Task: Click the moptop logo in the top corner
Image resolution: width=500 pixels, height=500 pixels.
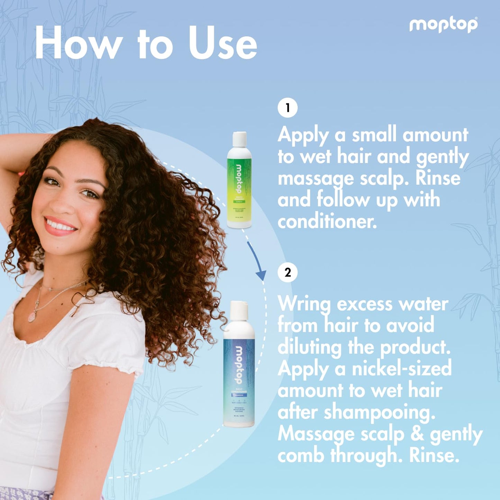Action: point(443,25)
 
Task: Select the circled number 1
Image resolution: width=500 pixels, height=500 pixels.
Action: point(288,108)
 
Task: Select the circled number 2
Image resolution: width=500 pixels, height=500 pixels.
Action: point(288,273)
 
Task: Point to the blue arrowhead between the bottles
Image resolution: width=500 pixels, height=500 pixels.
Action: point(261,275)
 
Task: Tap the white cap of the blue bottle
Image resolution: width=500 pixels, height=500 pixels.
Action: point(239,310)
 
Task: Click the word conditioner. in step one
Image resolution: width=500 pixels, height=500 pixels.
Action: point(327,221)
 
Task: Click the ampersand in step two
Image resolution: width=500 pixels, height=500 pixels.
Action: point(417,434)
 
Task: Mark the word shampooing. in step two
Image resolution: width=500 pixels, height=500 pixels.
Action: point(379,413)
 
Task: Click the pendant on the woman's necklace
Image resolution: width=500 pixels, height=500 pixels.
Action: point(32,316)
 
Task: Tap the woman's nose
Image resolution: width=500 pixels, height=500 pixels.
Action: point(62,204)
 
